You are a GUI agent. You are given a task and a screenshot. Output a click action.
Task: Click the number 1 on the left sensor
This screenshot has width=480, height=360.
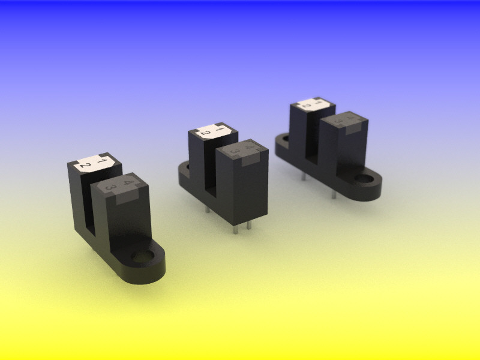(x=102, y=161)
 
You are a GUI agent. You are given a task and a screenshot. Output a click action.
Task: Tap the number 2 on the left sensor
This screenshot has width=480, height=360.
(x=86, y=166)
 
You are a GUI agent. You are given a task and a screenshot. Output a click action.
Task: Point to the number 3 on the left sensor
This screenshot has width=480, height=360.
(x=110, y=188)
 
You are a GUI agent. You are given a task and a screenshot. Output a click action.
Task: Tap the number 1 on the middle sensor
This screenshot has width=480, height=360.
(x=220, y=128)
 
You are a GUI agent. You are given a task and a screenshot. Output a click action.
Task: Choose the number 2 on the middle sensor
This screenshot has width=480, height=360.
(x=206, y=133)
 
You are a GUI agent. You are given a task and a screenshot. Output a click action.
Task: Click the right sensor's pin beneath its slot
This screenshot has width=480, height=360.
(x=304, y=176)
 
